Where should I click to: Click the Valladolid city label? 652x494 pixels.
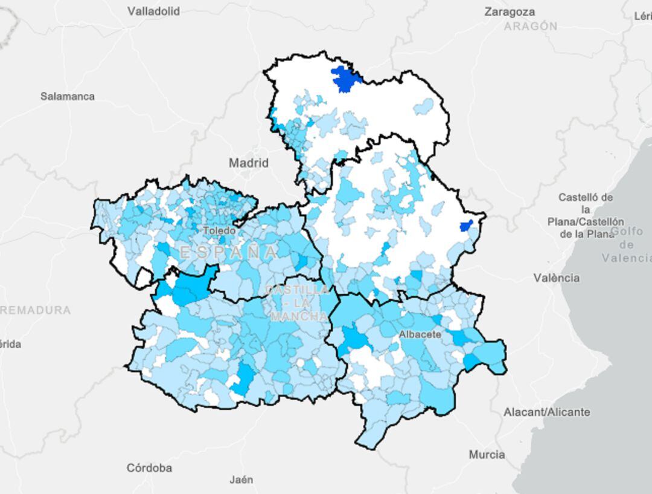153,11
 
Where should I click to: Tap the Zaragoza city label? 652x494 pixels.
510,11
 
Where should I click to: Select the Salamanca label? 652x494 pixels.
68,96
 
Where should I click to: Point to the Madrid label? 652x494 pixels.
249,163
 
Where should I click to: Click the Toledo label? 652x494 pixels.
219,230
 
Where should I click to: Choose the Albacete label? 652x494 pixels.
420,334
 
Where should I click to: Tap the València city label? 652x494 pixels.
556,278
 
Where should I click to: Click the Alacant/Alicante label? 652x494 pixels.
547,412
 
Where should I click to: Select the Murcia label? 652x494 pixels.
487,455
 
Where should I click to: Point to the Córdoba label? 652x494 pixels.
149,468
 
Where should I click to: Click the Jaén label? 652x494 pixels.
241,480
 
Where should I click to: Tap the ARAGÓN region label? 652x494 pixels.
531,26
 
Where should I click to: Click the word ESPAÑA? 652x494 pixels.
229,252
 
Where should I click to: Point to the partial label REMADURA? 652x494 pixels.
35,310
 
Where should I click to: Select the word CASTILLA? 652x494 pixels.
298,290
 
